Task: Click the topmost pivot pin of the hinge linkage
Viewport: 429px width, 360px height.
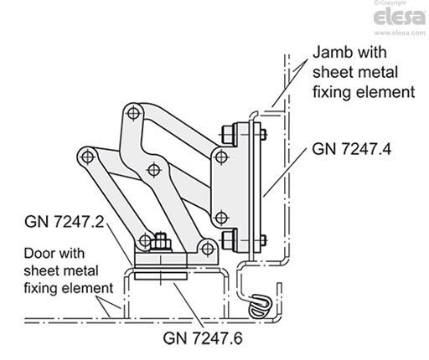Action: tap(132, 111)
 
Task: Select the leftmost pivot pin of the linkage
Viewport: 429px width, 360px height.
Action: tap(85, 156)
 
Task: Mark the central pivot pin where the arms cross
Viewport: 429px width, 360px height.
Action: tap(152, 170)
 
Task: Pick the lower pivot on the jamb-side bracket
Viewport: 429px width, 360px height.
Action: tap(220, 217)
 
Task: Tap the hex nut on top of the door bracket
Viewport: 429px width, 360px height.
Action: tap(161, 244)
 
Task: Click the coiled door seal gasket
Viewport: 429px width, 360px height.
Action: tap(261, 304)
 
